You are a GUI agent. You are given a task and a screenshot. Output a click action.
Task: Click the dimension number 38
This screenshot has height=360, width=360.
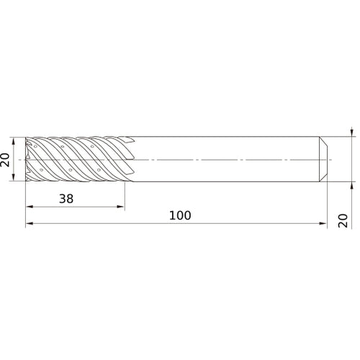click(66, 199)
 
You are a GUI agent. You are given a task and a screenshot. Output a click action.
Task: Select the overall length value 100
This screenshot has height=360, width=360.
click(180, 215)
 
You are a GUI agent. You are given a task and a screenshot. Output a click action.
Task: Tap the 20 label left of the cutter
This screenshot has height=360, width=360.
click(5, 160)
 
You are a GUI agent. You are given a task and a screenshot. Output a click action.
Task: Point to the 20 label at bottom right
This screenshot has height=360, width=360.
click(343, 220)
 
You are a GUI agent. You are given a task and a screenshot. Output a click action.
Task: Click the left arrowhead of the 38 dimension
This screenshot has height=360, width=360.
click(30, 207)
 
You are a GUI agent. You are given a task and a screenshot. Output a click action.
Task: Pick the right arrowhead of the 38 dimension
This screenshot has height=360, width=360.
click(121, 207)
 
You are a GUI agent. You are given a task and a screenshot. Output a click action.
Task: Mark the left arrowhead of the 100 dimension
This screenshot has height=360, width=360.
click(30, 223)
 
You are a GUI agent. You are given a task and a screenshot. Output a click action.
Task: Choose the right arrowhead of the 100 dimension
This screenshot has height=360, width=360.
click(323, 223)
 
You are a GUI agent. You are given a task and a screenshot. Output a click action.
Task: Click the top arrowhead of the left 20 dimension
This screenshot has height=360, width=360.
click(14, 141)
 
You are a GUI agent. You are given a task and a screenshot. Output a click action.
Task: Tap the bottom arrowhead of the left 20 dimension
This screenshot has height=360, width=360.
click(14, 177)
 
